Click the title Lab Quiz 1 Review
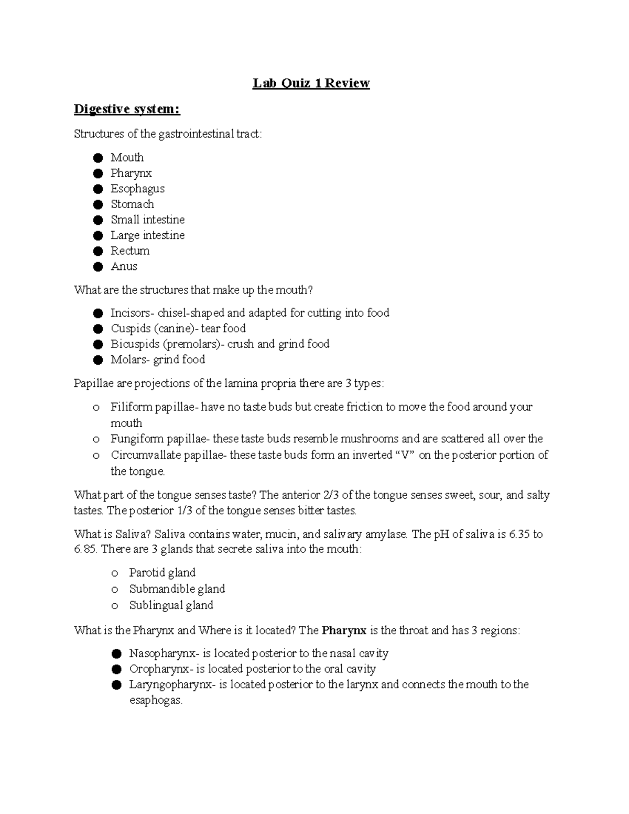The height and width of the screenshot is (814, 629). tap(311, 83)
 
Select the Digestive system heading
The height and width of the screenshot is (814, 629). tap(127, 109)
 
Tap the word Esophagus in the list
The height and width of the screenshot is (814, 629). tap(137, 189)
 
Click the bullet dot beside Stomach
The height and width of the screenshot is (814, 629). tap(97, 204)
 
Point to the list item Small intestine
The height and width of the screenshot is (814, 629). tap(147, 220)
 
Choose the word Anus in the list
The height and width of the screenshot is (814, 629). tap(124, 266)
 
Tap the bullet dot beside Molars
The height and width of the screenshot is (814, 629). tap(97, 360)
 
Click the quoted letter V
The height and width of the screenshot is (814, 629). tap(404, 455)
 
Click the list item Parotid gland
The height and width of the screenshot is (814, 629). tap(162, 573)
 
